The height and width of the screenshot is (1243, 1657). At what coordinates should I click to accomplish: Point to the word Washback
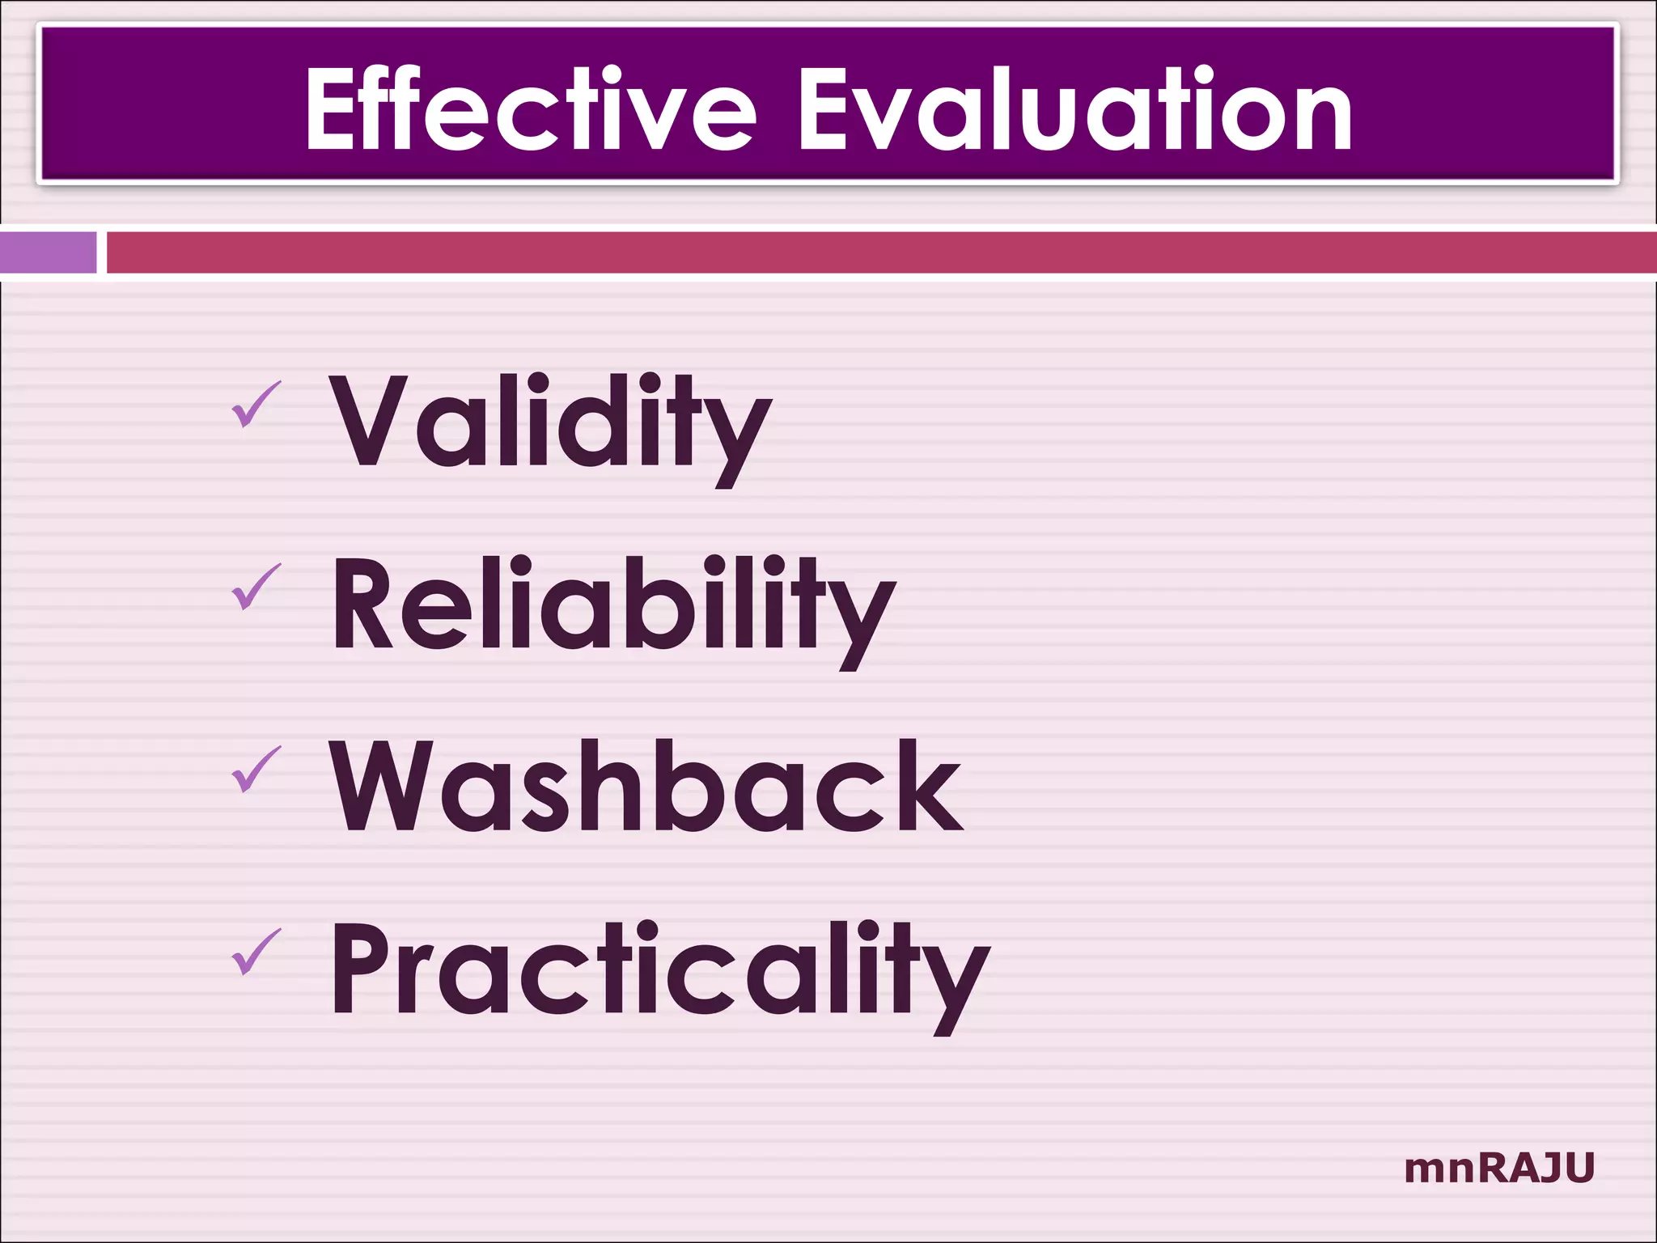pos(646,787)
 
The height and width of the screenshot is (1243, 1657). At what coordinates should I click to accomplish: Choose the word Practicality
pos(659,971)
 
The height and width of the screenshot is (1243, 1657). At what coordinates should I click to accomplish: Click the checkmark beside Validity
pos(256,405)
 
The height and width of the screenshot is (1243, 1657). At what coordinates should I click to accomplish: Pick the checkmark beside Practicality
pos(256,952)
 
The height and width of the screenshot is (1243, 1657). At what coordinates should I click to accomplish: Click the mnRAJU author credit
pos(1499,1169)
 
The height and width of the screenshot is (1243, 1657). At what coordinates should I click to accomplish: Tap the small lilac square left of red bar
pos(48,252)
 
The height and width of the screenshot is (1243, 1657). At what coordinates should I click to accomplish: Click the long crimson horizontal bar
pos(880,252)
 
